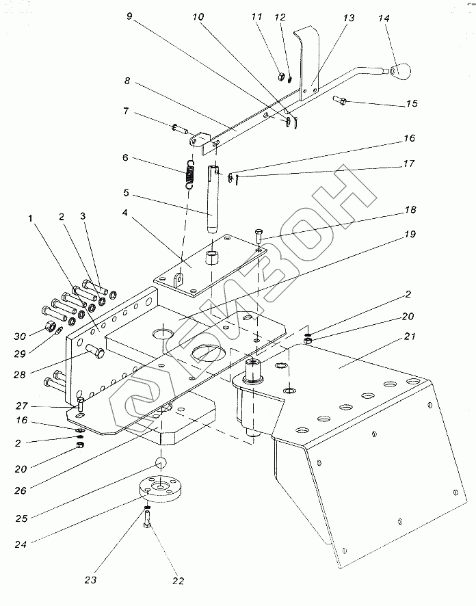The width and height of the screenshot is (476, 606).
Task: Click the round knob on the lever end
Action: tap(400, 71)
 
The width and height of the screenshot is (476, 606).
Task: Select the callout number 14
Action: tap(384, 18)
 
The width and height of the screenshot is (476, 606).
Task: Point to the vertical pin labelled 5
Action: tap(213, 199)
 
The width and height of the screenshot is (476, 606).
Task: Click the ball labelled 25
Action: tap(161, 462)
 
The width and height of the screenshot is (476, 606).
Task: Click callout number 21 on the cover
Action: tap(410, 337)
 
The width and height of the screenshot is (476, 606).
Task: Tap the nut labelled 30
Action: tap(50, 326)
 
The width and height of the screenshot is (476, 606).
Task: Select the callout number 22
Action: tap(178, 581)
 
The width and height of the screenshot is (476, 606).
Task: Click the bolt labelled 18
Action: tap(259, 236)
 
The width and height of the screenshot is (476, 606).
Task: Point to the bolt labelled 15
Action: tap(340, 100)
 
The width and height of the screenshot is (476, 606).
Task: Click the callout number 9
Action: tap(129, 16)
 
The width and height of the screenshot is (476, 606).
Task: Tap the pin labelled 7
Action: tap(180, 128)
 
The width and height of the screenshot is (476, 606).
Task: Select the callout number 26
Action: tap(20, 490)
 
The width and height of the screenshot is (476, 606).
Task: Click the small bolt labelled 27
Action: tap(81, 404)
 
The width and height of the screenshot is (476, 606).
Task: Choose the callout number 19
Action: tap(410, 234)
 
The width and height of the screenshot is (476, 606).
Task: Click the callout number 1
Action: tap(31, 218)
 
